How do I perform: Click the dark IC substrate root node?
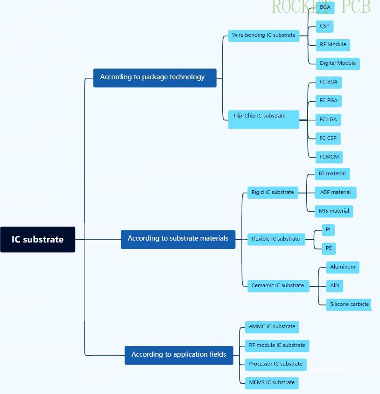(x=37, y=239)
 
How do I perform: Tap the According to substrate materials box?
(x=178, y=239)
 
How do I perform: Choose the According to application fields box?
(x=179, y=355)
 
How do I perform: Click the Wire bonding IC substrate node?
(x=264, y=35)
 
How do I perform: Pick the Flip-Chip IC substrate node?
(x=264, y=119)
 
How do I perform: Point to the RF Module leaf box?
(x=333, y=45)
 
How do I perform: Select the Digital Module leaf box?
(x=338, y=63)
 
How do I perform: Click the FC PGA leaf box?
(x=328, y=101)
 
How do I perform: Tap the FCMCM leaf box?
(x=329, y=157)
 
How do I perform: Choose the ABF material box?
(x=335, y=192)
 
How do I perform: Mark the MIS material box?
(x=334, y=211)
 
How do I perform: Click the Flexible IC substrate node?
(x=275, y=239)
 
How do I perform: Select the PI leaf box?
(x=329, y=230)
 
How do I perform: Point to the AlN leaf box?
(x=335, y=285)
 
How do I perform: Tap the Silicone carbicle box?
(x=349, y=304)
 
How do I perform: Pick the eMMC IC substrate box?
(x=272, y=327)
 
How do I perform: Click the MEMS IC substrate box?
(x=272, y=383)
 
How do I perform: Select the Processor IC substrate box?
(x=275, y=364)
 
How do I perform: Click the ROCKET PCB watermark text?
(x=321, y=7)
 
